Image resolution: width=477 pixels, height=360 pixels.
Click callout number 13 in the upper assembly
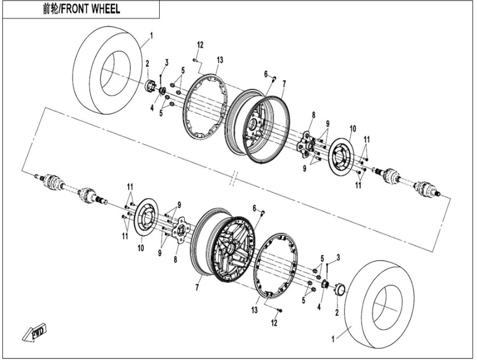coord(220,59)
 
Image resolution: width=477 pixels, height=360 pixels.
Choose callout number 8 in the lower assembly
coord(176,259)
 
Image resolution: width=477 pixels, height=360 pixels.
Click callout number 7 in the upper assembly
coord(284,83)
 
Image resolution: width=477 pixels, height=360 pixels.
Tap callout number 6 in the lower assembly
coord(255,208)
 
